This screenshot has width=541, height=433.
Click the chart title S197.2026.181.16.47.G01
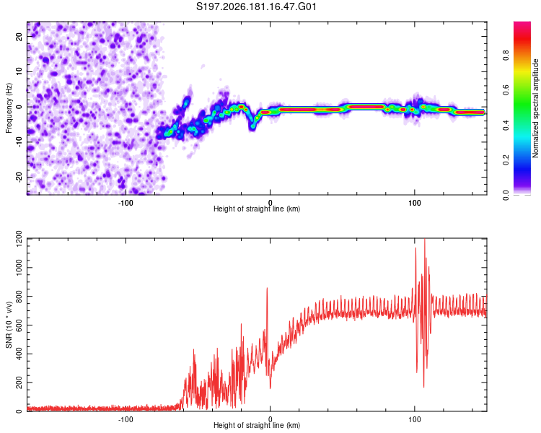(x=256, y=6)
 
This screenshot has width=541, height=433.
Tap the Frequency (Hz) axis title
(x=9, y=108)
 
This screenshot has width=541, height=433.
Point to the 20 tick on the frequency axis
(x=19, y=36)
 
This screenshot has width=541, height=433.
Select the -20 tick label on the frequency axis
(x=19, y=178)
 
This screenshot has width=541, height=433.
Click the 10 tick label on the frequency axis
(x=19, y=71)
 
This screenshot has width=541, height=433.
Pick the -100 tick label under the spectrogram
(x=126, y=203)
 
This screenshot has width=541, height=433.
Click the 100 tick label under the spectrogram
(x=414, y=203)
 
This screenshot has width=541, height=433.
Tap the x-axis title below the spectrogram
(x=257, y=209)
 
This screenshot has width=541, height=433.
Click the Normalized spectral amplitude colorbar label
(x=535, y=108)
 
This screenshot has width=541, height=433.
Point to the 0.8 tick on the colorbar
(x=506, y=56)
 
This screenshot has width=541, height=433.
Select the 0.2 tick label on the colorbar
(x=506, y=160)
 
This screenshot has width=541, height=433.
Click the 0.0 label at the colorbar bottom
(x=506, y=195)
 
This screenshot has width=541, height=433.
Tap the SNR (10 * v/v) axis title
(x=9, y=325)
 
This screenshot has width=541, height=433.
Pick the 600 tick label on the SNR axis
(x=19, y=325)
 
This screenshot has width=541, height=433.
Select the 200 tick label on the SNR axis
(x=19, y=382)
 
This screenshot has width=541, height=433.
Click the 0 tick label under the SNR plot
(x=270, y=419)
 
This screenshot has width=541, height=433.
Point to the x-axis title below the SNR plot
(x=257, y=425)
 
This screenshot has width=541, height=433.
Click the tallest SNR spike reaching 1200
(x=424, y=240)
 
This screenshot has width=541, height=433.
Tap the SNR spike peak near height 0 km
(x=267, y=288)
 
